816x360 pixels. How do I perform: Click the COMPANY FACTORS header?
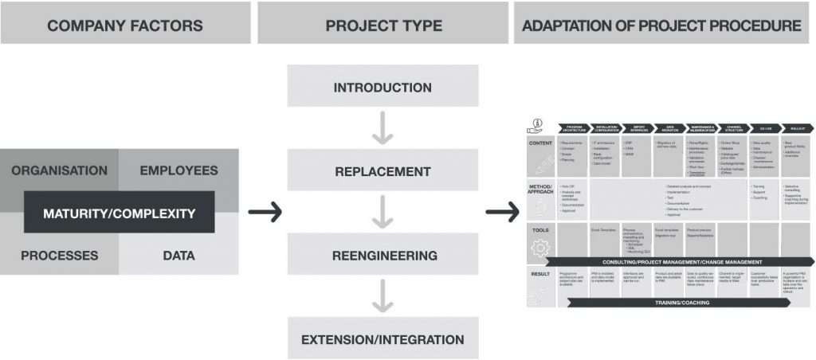[x=125, y=25]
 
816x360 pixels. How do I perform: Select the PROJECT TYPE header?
[x=383, y=25]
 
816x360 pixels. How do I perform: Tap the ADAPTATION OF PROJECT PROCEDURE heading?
[x=661, y=25]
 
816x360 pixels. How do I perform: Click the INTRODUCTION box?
[x=382, y=87]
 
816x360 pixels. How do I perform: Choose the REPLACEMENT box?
[x=382, y=171]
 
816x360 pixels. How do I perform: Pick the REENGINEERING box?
[x=382, y=256]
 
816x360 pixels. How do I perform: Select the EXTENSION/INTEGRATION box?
[x=382, y=340]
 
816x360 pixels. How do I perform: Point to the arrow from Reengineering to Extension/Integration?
[x=382, y=298]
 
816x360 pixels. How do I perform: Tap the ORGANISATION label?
[x=59, y=170]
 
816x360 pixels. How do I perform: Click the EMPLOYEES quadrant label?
[x=178, y=170]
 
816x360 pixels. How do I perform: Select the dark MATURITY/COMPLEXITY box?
[x=119, y=213]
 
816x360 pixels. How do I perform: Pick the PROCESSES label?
[x=59, y=256]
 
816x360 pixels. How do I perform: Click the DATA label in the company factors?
[x=178, y=256]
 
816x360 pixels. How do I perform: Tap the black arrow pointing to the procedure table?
[x=503, y=213]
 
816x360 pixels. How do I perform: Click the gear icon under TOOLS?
[x=539, y=248]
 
